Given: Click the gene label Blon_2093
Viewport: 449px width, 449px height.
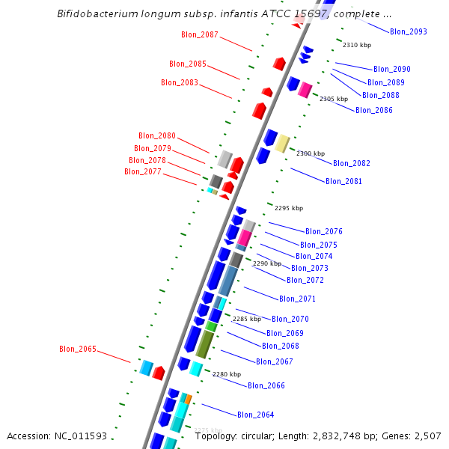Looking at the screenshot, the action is [x=409, y=31].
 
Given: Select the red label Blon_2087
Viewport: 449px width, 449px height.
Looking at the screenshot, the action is [x=200, y=34].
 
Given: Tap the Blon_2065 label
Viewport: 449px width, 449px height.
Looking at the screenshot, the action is [x=78, y=349].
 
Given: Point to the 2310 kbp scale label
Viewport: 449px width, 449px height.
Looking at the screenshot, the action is [x=356, y=45].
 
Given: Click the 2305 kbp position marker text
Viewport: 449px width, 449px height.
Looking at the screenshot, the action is [x=334, y=99].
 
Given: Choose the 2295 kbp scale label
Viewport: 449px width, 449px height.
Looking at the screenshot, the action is [x=289, y=208].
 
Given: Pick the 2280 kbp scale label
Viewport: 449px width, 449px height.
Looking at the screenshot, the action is [x=227, y=374].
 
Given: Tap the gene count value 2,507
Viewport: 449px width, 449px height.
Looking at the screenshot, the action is [x=427, y=436].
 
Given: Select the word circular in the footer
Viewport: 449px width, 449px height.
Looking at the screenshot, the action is [x=260, y=436].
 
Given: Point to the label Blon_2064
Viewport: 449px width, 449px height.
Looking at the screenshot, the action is [x=256, y=415].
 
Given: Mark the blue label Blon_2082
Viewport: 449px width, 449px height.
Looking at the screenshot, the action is [x=352, y=163].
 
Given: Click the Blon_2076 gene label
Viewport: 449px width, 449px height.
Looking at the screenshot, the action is [x=324, y=231].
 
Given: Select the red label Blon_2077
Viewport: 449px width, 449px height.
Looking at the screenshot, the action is [x=143, y=171].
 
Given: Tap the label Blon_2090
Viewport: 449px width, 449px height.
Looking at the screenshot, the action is [x=392, y=69].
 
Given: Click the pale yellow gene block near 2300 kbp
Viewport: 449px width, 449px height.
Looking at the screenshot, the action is [x=282, y=143].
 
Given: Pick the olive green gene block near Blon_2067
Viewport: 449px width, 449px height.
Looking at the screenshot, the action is [x=204, y=343].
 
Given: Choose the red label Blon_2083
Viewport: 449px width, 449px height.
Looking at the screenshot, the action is [x=180, y=82].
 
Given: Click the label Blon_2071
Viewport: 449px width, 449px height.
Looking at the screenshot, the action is [x=298, y=299].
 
